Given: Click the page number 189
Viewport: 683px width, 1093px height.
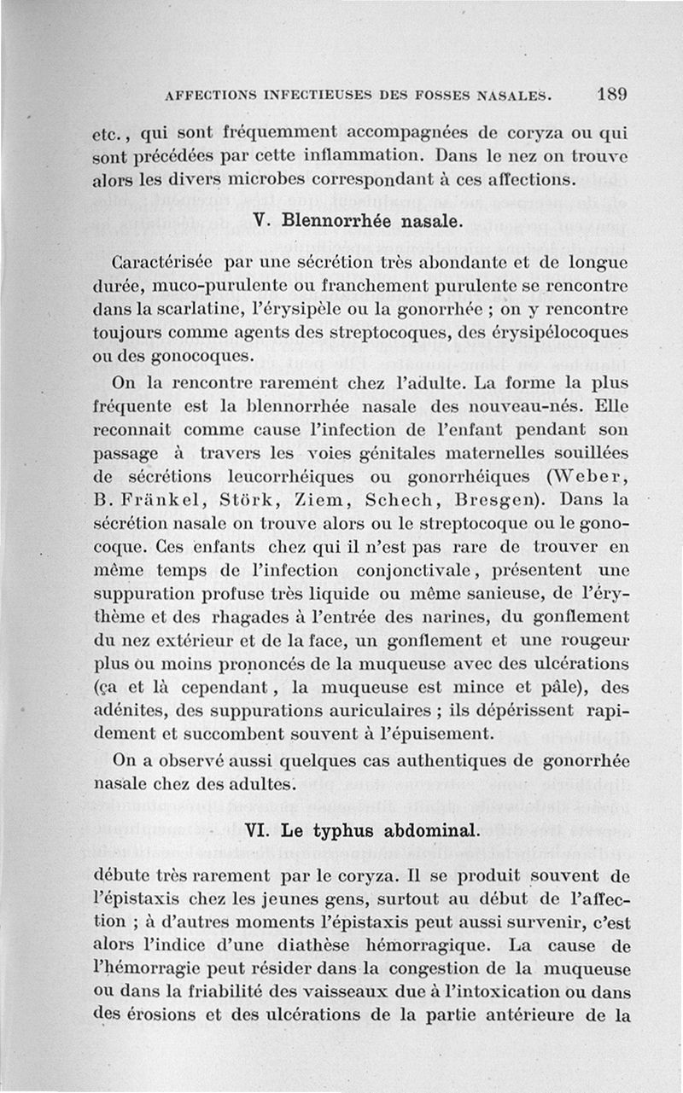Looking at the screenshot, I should [613, 94].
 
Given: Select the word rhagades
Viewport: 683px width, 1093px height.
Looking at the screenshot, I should [246, 616].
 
